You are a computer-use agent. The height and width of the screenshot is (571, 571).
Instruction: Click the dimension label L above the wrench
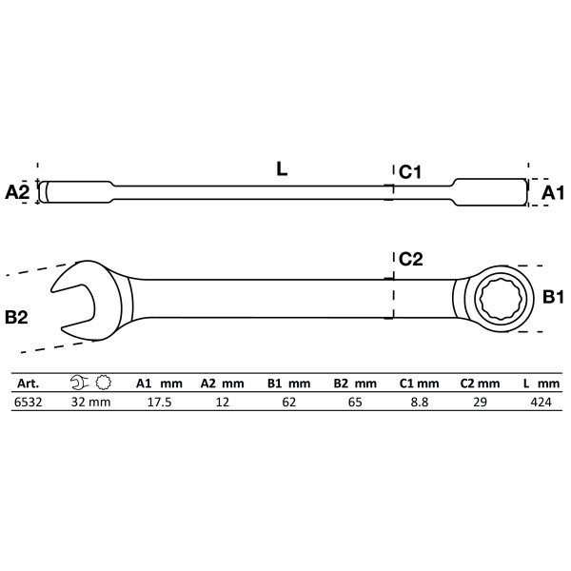click(283, 169)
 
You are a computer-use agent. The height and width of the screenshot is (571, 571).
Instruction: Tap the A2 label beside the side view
click(17, 192)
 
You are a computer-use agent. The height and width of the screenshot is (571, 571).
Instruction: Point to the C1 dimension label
click(410, 172)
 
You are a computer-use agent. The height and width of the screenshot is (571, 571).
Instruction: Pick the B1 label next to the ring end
click(555, 298)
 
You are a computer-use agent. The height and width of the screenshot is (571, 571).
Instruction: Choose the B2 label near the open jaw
click(16, 317)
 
